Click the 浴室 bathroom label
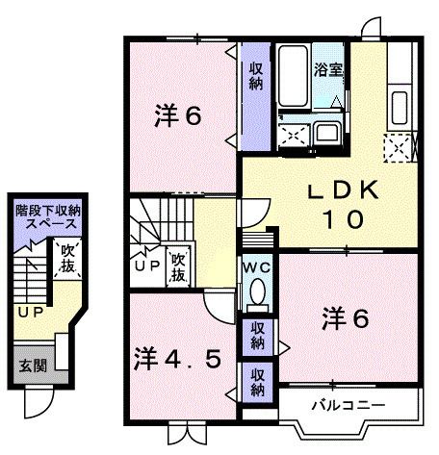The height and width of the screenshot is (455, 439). pyautogui.click(x=328, y=70)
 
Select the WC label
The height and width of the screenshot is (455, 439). pyautogui.click(x=255, y=266)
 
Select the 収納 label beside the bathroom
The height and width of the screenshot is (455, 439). pyautogui.click(x=255, y=75)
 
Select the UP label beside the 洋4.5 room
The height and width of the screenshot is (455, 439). pyautogui.click(x=147, y=265)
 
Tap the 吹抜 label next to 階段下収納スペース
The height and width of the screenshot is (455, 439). pyautogui.click(x=67, y=259)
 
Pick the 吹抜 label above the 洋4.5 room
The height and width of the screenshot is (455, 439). pyautogui.click(x=178, y=266)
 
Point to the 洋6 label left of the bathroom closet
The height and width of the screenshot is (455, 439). pyautogui.click(x=178, y=117)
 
